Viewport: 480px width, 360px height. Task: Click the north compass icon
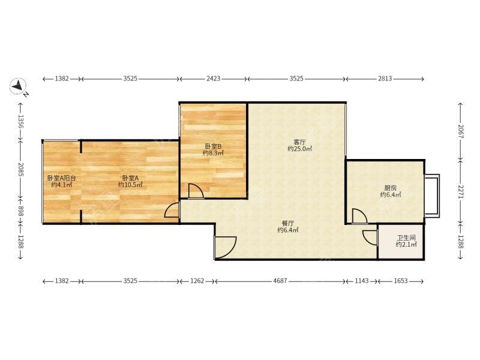[19, 86]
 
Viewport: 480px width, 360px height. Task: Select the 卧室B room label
[213, 146]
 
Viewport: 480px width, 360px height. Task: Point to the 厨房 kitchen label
[391, 188]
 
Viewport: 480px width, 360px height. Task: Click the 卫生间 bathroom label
[406, 238]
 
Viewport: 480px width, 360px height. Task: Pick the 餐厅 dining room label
[288, 223]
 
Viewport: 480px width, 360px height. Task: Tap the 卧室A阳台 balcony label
[62, 178]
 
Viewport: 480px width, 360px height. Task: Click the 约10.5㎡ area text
[130, 185]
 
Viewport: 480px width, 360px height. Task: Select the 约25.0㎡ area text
[299, 149]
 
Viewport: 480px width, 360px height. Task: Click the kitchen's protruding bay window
[432, 196]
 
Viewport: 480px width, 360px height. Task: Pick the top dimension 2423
[213, 79]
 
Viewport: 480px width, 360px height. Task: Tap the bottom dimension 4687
[280, 281]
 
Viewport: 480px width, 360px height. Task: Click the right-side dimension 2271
[460, 191]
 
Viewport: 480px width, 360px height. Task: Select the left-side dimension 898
[20, 211]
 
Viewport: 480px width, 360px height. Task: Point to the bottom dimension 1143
[362, 281]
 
